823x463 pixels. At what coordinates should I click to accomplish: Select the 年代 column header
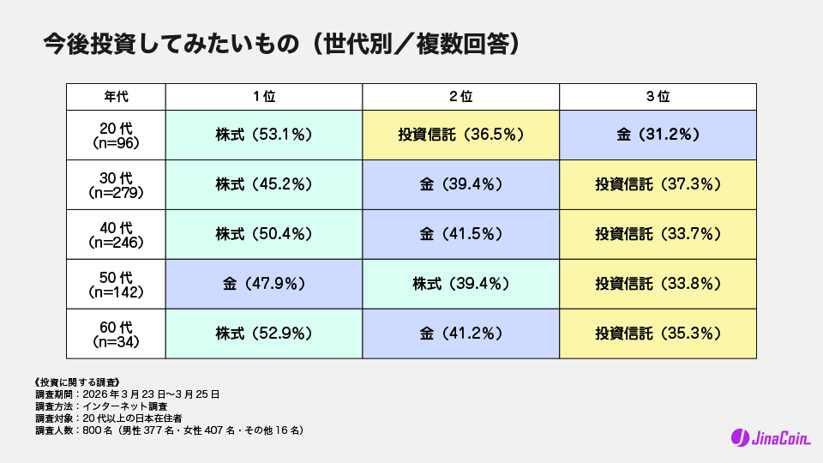point(116,97)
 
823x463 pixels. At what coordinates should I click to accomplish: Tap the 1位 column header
point(263,97)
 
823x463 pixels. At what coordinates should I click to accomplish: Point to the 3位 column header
point(658,97)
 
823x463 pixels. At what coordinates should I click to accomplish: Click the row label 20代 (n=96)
point(116,135)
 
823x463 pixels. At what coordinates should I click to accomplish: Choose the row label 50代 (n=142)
point(116,284)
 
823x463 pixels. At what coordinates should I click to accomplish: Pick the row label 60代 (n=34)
point(116,334)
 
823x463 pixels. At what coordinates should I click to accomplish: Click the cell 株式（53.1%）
point(263,135)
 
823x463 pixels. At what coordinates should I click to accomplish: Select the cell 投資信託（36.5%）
point(460,135)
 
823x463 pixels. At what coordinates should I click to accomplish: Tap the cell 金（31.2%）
point(658,135)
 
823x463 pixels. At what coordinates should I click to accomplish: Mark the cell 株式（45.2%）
point(263,184)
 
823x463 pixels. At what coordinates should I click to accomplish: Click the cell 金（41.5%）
point(460,234)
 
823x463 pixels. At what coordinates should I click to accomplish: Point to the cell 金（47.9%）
point(263,284)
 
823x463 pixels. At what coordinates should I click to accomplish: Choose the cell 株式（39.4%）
point(460,284)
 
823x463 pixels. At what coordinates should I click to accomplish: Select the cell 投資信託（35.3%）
point(658,334)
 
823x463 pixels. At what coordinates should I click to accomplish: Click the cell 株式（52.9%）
point(263,334)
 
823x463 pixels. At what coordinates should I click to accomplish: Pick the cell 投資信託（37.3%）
point(658,184)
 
